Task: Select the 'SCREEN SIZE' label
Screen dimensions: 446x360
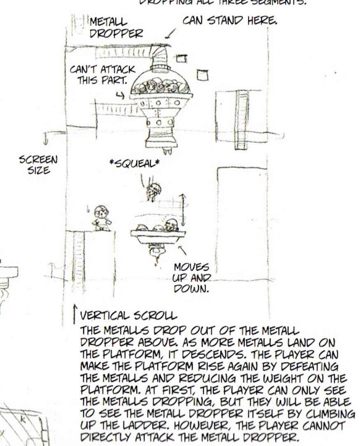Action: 38,164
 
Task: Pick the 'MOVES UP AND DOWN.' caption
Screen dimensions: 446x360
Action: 192,278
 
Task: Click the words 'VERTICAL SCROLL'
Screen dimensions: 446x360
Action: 128,316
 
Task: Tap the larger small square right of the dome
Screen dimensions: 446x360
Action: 202,75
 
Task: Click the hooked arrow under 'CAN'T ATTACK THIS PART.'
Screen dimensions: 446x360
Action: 120,95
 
